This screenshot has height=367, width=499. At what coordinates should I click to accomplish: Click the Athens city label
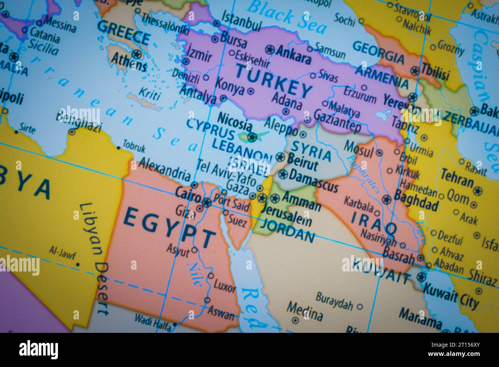[x=129, y=61]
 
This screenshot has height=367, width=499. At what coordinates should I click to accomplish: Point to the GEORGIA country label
[x=378, y=53]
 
